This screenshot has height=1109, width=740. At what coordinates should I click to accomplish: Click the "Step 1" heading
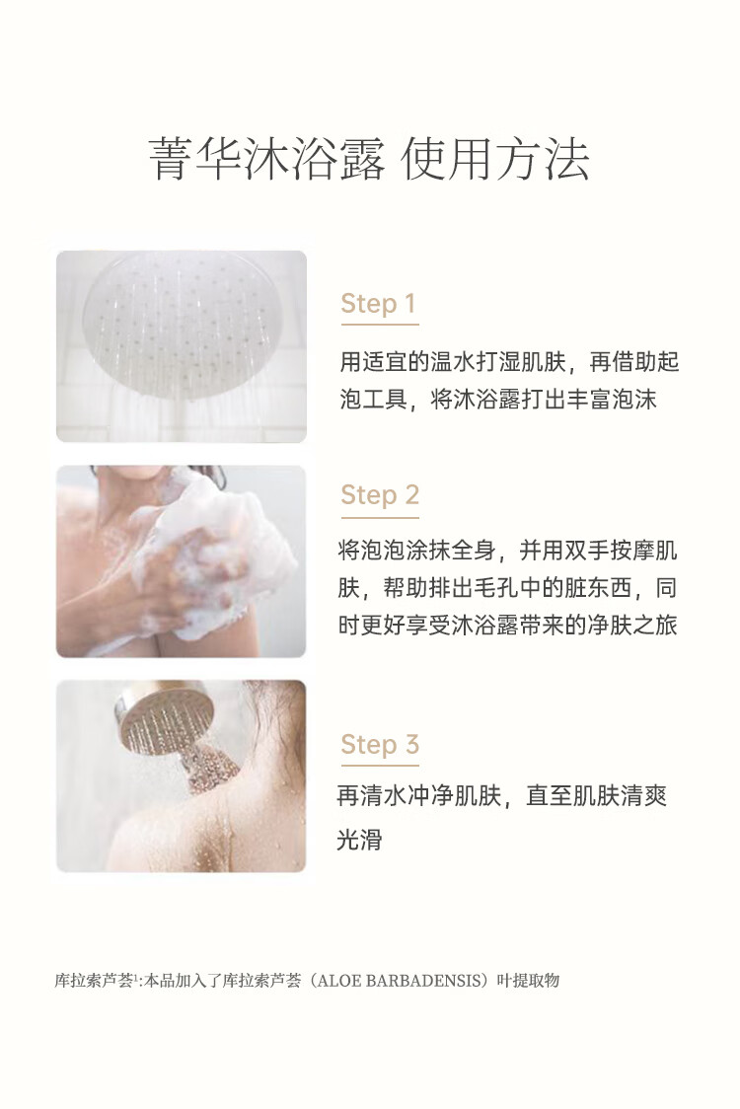(378, 304)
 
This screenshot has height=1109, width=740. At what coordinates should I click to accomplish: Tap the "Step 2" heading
(380, 494)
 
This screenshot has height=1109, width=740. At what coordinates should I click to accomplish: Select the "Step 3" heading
(380, 743)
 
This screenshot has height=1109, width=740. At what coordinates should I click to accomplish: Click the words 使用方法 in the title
(495, 159)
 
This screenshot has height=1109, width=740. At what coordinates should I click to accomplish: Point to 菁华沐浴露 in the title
(266, 159)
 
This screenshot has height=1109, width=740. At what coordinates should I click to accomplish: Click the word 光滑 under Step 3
(359, 839)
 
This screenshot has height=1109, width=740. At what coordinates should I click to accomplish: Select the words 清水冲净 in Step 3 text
(405, 795)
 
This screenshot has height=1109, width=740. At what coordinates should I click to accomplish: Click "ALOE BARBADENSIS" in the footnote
(399, 981)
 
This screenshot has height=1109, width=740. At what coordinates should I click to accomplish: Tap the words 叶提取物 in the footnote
(528, 981)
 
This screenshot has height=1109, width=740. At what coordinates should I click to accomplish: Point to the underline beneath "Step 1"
(380, 325)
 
